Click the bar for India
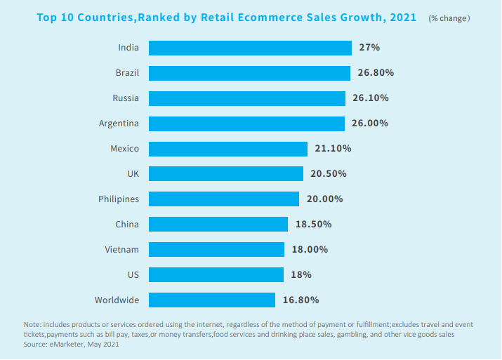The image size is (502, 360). tap(250, 48)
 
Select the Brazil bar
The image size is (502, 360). tap(249, 73)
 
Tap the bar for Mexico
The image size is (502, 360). tap(228, 149)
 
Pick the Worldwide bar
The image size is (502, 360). tap(212, 300)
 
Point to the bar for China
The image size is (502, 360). tap(218, 225)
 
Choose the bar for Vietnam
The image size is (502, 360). tap(216, 250)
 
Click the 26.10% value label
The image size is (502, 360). tap(371, 98)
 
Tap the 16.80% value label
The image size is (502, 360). tap(300, 300)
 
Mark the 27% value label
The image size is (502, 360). tap(369, 48)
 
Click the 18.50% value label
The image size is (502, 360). tap(313, 225)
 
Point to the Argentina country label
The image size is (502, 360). tap(119, 124)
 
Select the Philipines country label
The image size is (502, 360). tap(119, 199)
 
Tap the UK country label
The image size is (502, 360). tap(133, 174)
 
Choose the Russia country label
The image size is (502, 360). tap(126, 98)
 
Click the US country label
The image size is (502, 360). tap(133, 275)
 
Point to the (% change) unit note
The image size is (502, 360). tap(449, 18)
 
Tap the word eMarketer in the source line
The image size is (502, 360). tap(67, 345)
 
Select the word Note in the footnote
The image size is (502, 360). tap(32, 324)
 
